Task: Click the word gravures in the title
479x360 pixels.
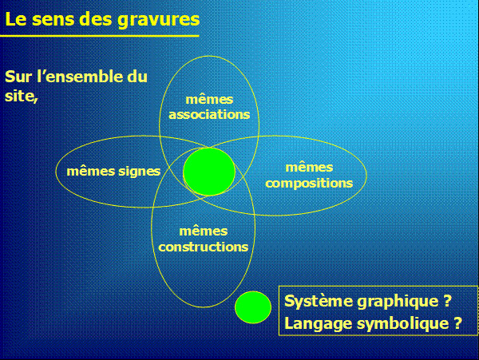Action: [159, 20]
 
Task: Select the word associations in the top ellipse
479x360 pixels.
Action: [209, 114]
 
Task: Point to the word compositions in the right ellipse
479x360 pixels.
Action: [309, 184]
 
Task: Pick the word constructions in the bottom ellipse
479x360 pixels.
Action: [203, 247]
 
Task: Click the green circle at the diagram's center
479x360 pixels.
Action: [209, 172]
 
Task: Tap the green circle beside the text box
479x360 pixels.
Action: [253, 307]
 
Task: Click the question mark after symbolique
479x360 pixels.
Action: [457, 322]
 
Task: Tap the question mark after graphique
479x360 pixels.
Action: [447, 300]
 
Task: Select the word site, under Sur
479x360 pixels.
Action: [21, 96]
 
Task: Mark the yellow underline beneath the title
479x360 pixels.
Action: [100, 36]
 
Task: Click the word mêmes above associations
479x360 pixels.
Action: [209, 100]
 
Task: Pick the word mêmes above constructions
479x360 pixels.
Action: [203, 231]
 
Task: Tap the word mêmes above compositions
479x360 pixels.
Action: [309, 168]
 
